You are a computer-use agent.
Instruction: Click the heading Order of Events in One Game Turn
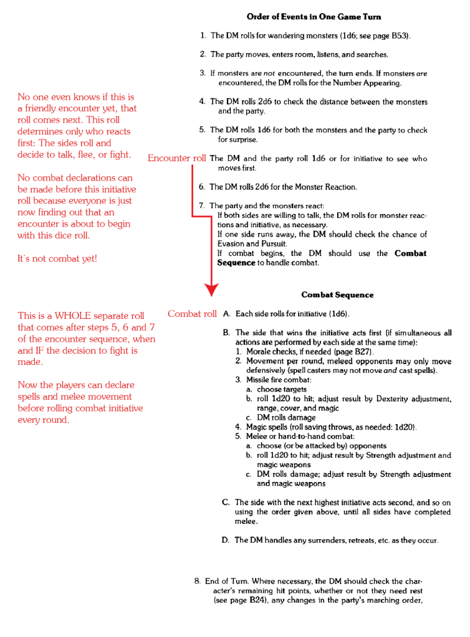[x=314, y=17]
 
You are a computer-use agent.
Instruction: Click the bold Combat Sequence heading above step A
[x=337, y=295]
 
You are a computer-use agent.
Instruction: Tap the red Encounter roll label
[x=176, y=158]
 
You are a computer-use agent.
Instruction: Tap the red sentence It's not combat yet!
[x=57, y=258]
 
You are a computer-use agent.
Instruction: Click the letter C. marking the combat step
[x=226, y=502]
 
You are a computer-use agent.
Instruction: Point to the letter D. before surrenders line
[x=226, y=540]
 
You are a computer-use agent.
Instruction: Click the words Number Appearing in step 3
[x=371, y=83]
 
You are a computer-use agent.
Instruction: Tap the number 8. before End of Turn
[x=198, y=582]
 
